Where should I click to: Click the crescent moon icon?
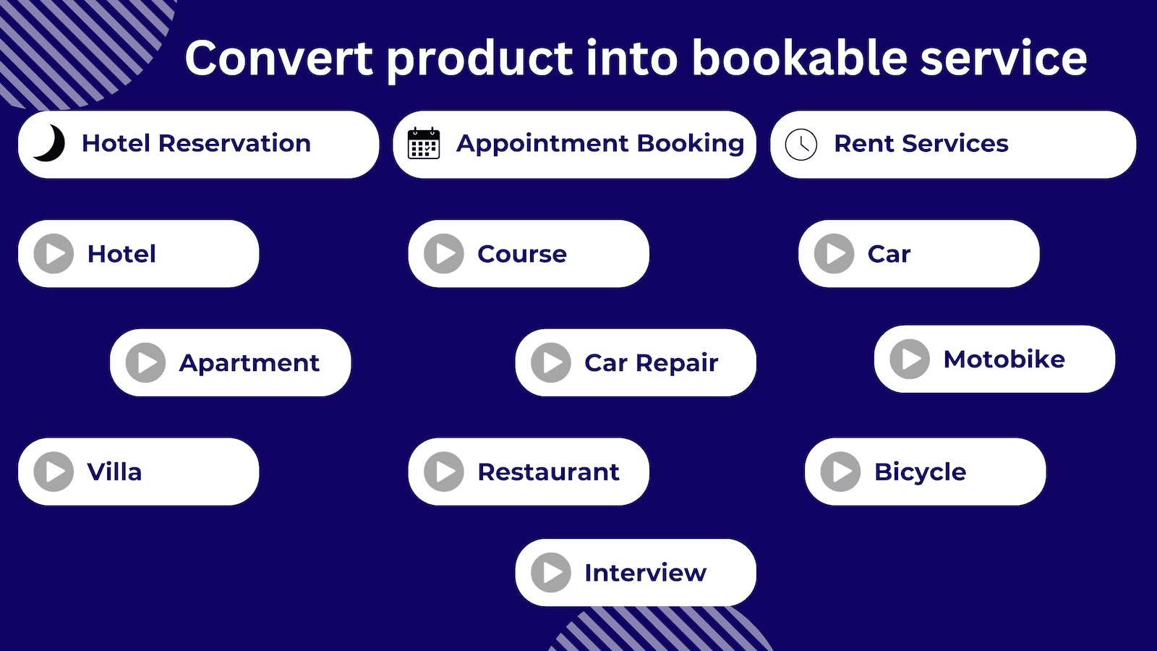49,142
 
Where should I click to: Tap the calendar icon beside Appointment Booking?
424,143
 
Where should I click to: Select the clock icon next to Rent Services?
801,144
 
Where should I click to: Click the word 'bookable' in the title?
798,58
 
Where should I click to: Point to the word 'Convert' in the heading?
279,58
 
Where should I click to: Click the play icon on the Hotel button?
54,254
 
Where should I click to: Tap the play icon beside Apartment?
146,362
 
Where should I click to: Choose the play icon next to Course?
444,254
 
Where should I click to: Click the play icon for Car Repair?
551,362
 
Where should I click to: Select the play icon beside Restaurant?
444,472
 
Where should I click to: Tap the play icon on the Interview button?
551,573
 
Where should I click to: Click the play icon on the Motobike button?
910,359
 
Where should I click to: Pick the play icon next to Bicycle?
840,472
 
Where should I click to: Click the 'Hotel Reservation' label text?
196,143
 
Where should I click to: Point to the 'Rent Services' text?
921,143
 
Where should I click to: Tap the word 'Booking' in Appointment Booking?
691,143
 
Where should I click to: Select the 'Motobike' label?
1004,359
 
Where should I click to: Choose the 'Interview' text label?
645,573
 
